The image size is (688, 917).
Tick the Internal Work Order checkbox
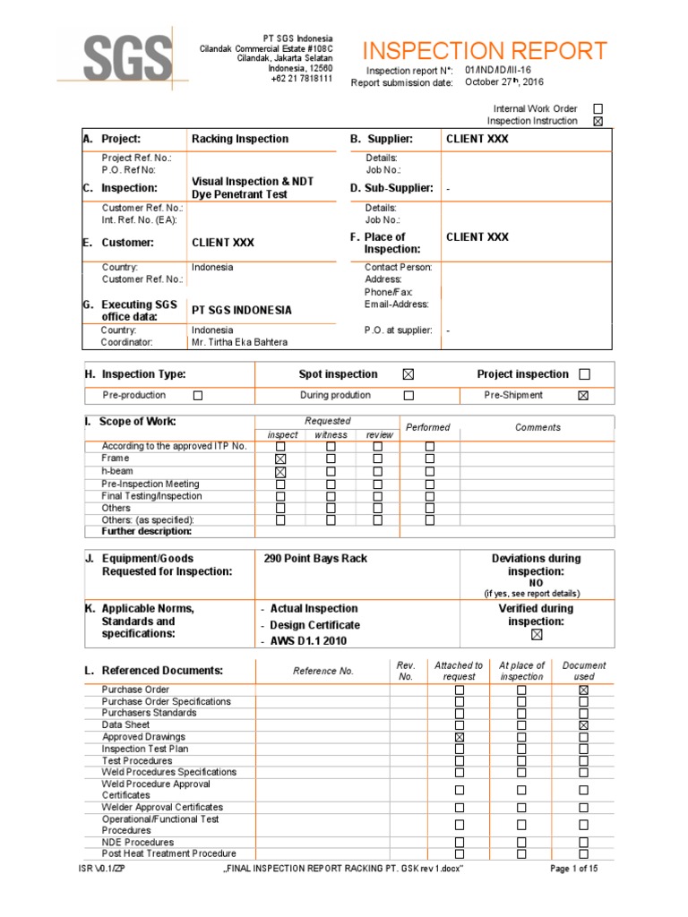coord(598,108)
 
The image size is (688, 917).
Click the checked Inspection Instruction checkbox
coord(598,121)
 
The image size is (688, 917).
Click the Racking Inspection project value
coord(240,139)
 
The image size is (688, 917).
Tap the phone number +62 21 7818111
coord(301,79)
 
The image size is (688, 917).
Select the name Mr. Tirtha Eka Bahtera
coord(240,342)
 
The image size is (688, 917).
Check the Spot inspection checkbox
coord(408,374)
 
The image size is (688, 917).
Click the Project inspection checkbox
coord(585,374)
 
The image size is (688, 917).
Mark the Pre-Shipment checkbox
coord(583,395)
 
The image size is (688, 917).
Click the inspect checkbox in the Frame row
coord(280,458)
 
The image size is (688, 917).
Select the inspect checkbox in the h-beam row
coord(280,471)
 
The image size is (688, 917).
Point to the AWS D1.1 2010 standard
coord(308,641)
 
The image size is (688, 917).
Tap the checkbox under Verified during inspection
coord(537,635)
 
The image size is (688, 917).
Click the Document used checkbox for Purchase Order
coord(583,690)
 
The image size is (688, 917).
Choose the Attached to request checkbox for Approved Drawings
coord(460,737)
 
